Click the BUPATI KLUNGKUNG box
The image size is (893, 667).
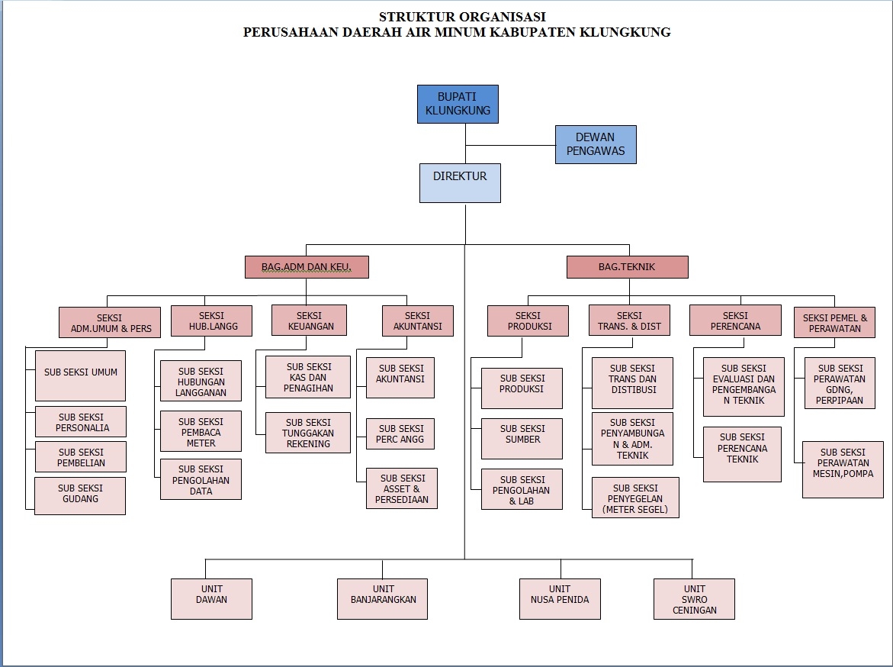[458, 104]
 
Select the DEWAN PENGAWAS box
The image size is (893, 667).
[595, 144]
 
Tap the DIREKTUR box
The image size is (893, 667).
[460, 182]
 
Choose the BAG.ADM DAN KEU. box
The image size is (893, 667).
[307, 267]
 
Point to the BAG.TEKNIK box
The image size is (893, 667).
[627, 267]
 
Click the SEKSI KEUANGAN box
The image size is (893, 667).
[309, 321]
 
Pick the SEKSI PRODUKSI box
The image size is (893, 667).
[528, 321]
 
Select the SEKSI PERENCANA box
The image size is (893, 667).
[735, 320]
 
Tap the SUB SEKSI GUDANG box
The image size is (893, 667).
[80, 495]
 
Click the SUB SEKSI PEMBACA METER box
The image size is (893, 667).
[201, 431]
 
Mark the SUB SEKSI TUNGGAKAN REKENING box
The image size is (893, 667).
[308, 433]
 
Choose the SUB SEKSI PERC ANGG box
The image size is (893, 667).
[400, 434]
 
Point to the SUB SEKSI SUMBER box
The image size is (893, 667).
[522, 438]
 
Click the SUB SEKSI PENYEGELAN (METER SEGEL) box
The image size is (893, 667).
[634, 498]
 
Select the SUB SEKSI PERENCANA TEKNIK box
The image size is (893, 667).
[742, 453]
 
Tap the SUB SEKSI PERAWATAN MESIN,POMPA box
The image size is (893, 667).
[843, 469]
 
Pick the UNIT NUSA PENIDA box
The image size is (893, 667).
[560, 598]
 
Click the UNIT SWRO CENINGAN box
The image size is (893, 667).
[694, 598]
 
